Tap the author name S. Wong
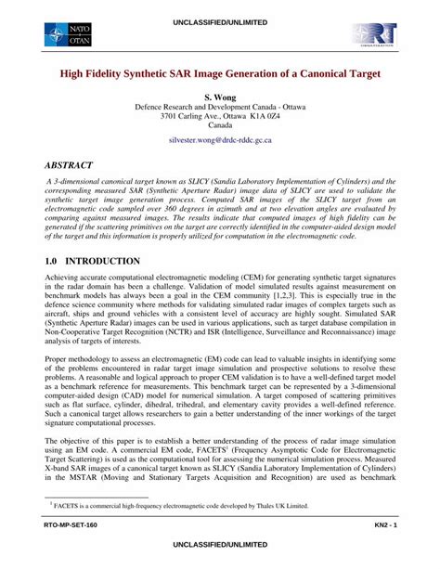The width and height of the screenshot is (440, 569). click(220, 97)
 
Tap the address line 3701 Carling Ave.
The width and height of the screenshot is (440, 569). click(220, 117)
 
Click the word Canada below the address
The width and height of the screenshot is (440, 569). click(220, 127)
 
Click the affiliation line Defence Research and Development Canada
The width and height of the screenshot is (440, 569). click(220, 107)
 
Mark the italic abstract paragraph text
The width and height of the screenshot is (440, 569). click(220, 213)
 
